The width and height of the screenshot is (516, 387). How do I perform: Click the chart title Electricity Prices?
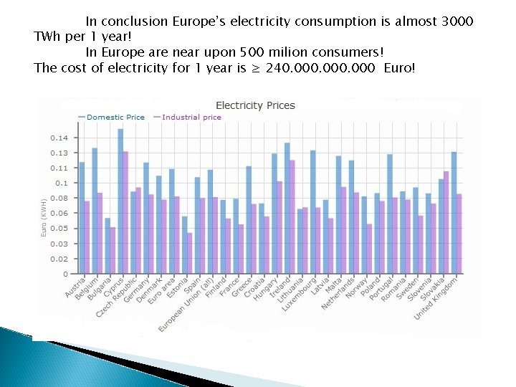pyautogui.click(x=255, y=105)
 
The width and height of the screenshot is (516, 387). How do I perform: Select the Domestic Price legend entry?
pyautogui.click(x=115, y=117)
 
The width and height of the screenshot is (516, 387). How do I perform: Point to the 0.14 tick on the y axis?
pyautogui.click(x=59, y=138)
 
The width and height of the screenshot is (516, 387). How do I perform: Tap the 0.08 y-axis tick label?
pyautogui.click(x=59, y=199)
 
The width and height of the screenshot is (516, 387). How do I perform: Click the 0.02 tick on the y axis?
pyautogui.click(x=59, y=259)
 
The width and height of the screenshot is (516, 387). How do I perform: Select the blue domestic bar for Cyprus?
pyautogui.click(x=120, y=201)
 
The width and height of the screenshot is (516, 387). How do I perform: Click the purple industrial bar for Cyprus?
pyautogui.click(x=125, y=212)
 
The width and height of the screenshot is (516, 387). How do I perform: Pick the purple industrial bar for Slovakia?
pyautogui.click(x=446, y=222)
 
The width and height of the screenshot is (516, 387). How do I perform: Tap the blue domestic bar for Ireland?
pyautogui.click(x=287, y=208)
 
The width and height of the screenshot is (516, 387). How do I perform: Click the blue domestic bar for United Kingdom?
pyautogui.click(x=454, y=212)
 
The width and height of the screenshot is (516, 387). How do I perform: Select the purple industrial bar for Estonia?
pyautogui.click(x=190, y=253)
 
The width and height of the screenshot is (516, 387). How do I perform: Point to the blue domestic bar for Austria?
pyautogui.click(x=82, y=218)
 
